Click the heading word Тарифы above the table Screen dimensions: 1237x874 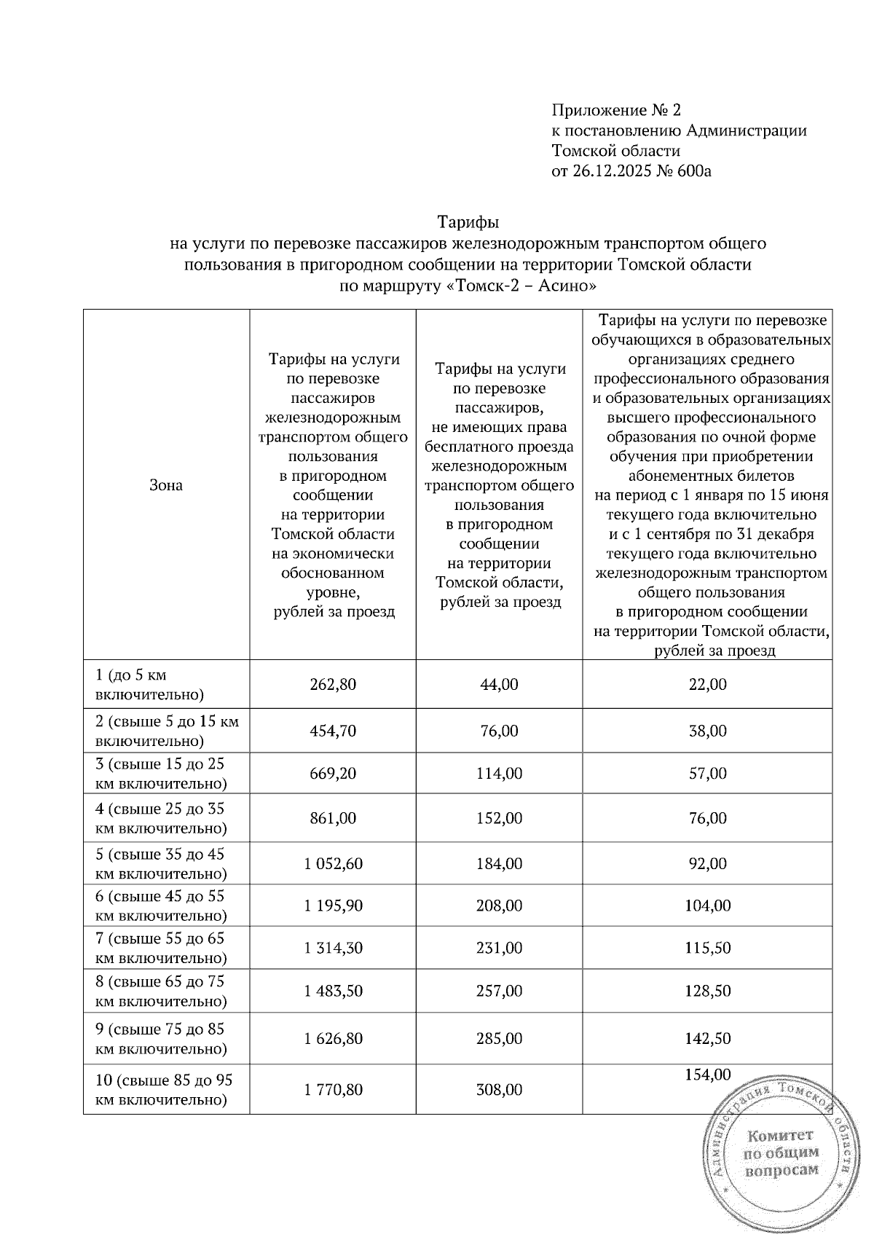(468, 221)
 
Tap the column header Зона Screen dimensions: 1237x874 (166, 485)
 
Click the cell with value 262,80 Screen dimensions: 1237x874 (333, 685)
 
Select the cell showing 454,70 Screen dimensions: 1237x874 (333, 731)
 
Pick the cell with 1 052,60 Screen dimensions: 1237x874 (333, 864)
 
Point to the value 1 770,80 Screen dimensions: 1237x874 (333, 1090)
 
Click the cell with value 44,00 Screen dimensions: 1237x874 (499, 685)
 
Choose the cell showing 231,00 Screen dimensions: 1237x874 (499, 949)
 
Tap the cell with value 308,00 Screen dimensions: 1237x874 (499, 1090)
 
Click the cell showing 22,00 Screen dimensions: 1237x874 (707, 685)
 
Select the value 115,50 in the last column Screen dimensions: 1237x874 (707, 949)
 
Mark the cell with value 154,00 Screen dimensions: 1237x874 (707, 1075)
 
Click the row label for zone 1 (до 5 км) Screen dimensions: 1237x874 (149, 685)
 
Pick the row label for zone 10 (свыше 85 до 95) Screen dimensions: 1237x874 (164, 1090)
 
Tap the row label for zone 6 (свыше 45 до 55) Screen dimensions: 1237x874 (160, 906)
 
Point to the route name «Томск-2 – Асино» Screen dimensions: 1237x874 (520, 286)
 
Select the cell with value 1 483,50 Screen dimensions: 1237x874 (333, 991)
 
